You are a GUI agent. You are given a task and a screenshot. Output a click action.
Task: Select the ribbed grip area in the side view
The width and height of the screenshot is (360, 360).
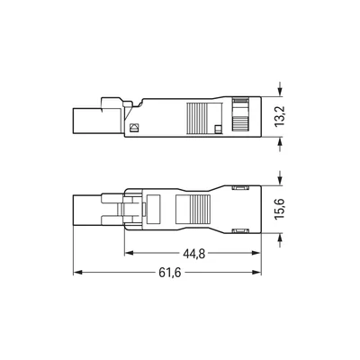(x=194, y=118)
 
